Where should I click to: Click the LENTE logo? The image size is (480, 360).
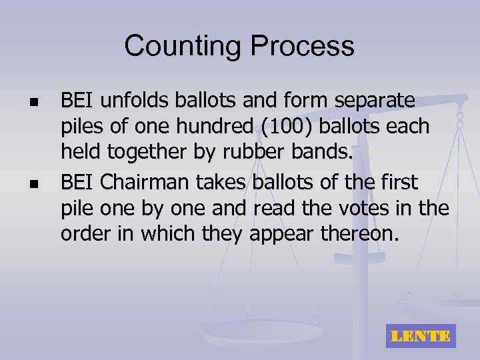click(x=420, y=336)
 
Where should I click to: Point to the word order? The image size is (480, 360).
click(x=83, y=234)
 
